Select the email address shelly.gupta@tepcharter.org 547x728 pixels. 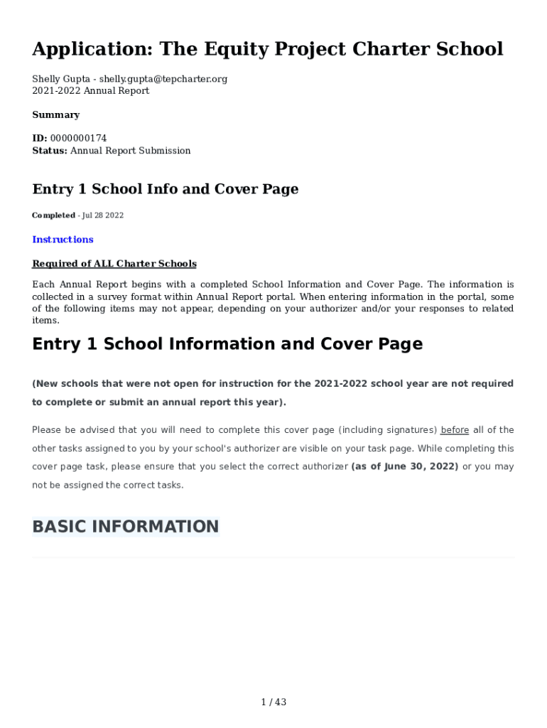(x=163, y=79)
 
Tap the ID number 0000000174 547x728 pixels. (x=78, y=139)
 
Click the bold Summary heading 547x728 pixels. (x=55, y=115)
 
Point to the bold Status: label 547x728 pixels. (x=50, y=151)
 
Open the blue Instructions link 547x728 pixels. (x=63, y=240)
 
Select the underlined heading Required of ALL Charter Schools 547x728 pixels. (x=114, y=264)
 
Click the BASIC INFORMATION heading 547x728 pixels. (x=125, y=527)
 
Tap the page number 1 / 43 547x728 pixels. (x=273, y=702)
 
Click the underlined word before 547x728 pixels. (x=455, y=430)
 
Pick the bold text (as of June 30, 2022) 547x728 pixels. (x=405, y=467)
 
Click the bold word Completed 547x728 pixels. (x=53, y=215)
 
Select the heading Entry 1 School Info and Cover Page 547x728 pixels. (x=165, y=189)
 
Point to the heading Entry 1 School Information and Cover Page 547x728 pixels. (x=227, y=344)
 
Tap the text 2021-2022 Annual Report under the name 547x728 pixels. (x=90, y=91)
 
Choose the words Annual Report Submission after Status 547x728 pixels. (x=130, y=151)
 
